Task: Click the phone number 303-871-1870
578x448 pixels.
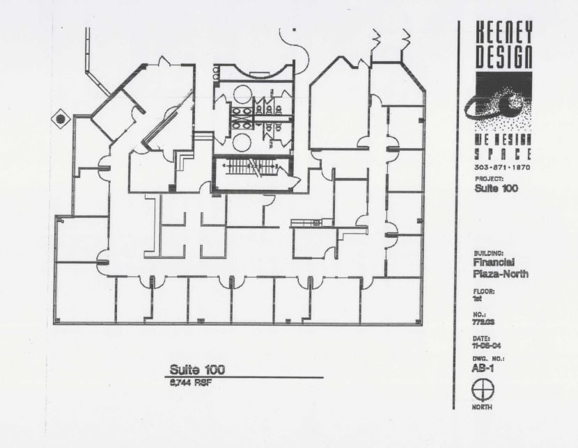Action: [x=501, y=168]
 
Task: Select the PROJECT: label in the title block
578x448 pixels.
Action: [x=489, y=179]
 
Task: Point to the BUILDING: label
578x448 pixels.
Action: [x=488, y=254]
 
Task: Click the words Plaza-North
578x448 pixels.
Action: [x=501, y=274]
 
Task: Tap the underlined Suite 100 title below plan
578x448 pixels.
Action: [x=197, y=369]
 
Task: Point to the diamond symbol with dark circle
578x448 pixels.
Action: [x=61, y=120]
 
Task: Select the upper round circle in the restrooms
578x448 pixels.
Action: [x=242, y=94]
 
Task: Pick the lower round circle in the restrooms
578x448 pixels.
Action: [x=242, y=142]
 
